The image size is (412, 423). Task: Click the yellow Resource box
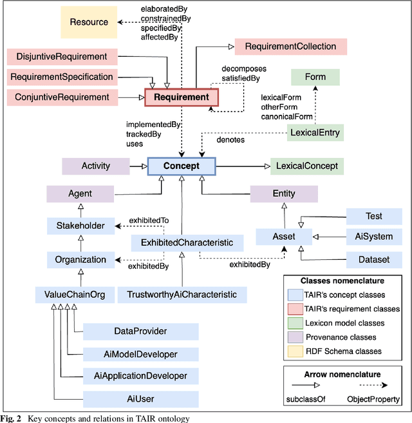[89, 23]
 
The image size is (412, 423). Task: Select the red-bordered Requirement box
[182, 97]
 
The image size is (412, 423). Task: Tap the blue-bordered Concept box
[181, 166]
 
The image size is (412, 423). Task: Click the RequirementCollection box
[290, 46]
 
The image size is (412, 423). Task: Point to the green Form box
[316, 77]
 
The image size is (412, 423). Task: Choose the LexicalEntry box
[315, 133]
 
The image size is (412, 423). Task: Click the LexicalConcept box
[307, 166]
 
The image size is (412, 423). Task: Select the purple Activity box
[96, 166]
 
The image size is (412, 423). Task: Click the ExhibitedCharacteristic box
[187, 243]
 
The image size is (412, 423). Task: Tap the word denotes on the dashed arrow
[230, 139]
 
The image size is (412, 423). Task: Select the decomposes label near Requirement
[245, 68]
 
